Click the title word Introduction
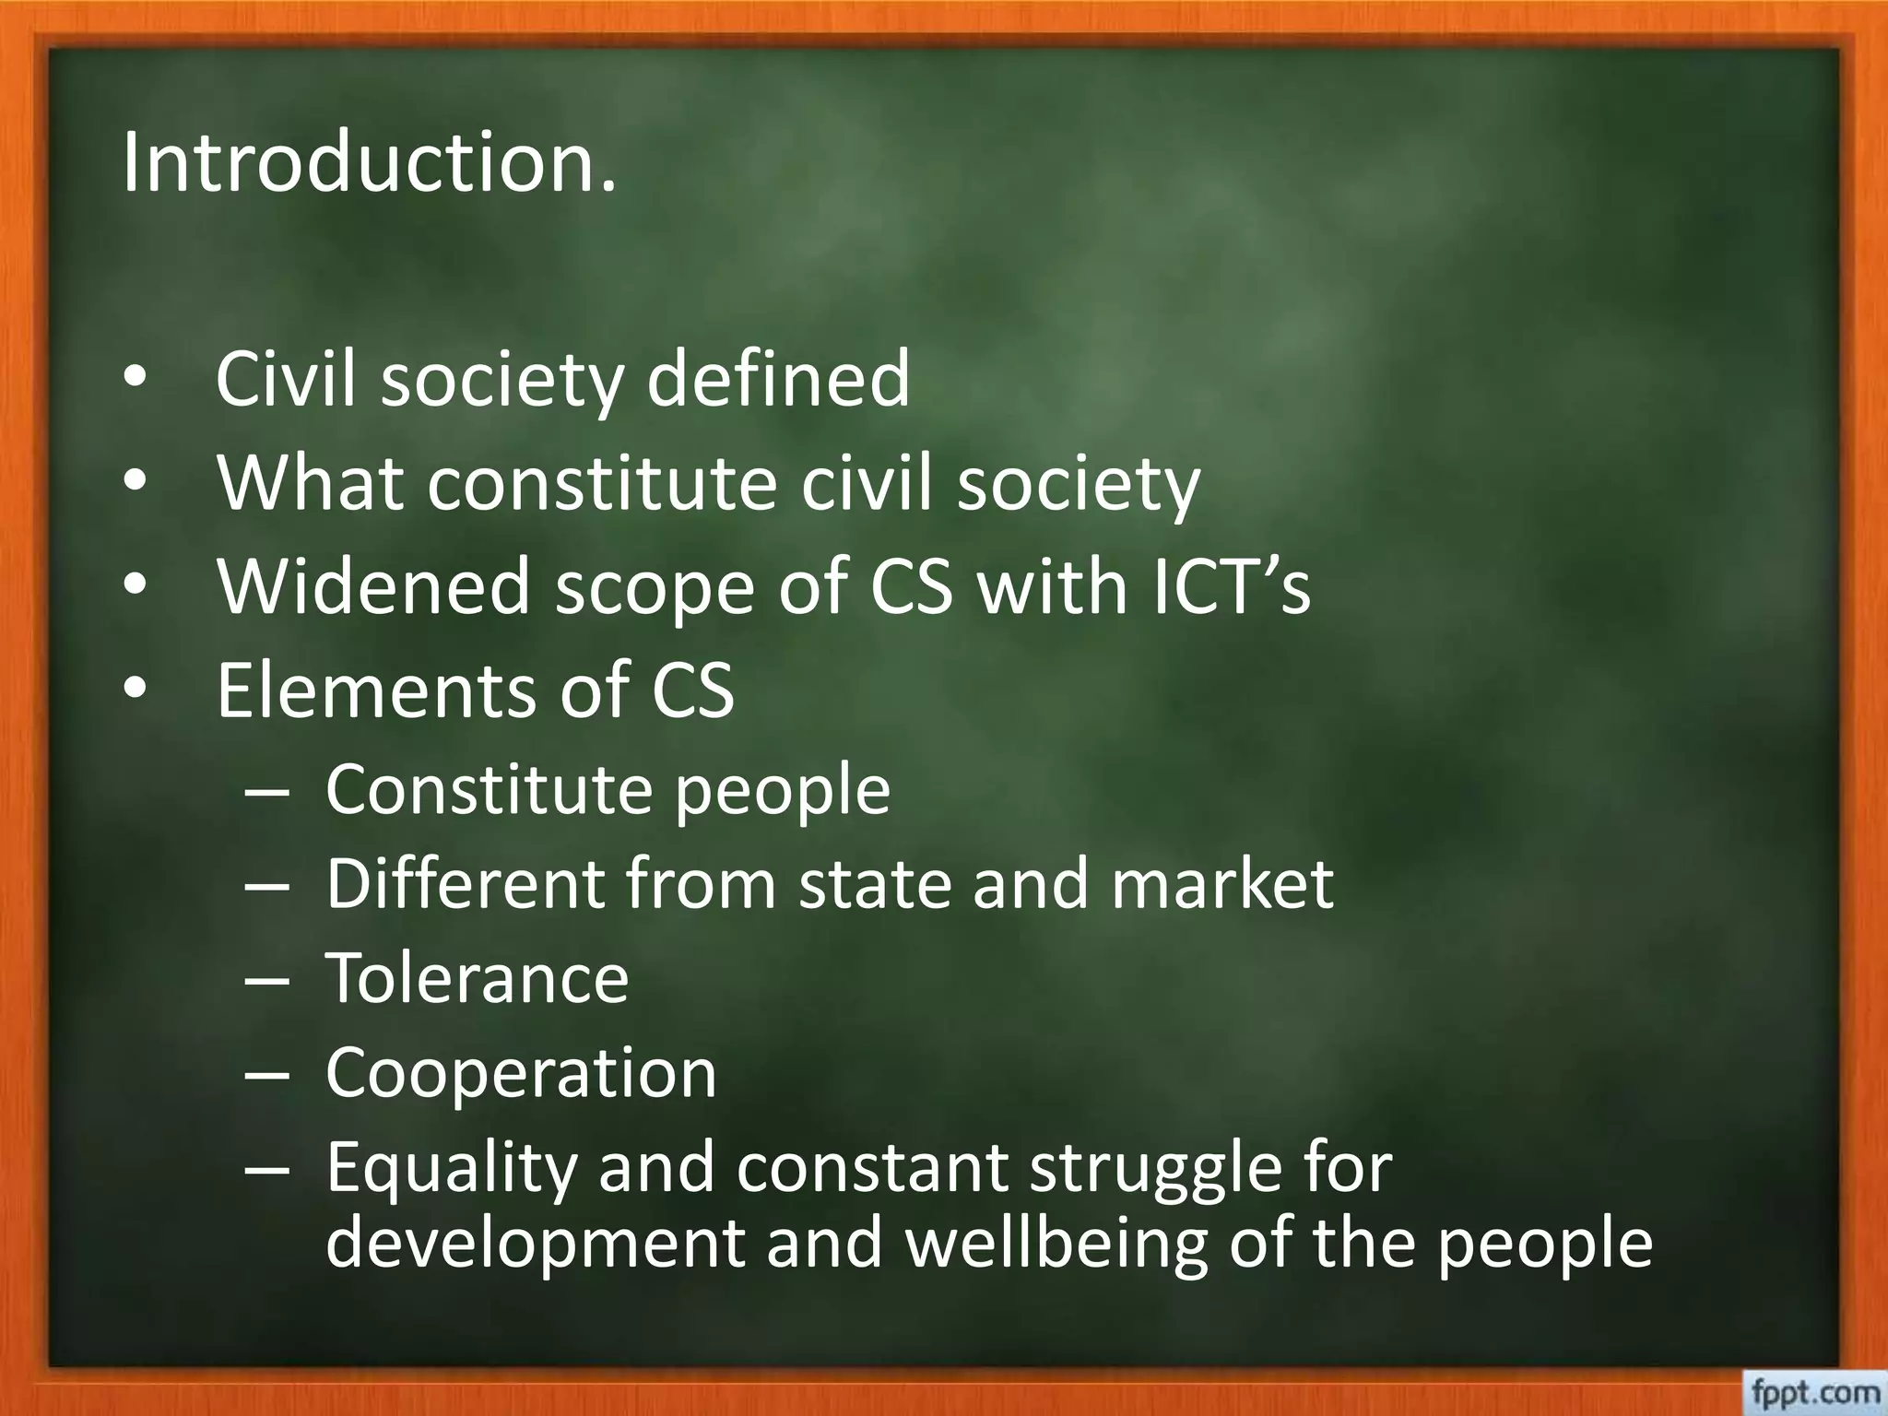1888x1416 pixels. click(x=369, y=163)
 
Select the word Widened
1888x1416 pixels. click(x=373, y=586)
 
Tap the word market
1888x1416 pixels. click(x=1221, y=883)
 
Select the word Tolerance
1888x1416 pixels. click(x=477, y=977)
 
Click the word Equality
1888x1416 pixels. click(x=451, y=1169)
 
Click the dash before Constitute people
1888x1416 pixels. click(x=267, y=791)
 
